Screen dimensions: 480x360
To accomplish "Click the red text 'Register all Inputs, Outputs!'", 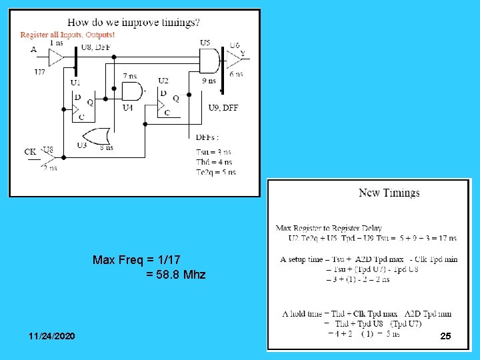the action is point(67,35).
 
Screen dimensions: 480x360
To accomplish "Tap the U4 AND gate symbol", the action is point(133,91).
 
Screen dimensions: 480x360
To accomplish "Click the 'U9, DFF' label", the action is point(223,108).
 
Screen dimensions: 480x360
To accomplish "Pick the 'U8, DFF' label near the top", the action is point(96,47).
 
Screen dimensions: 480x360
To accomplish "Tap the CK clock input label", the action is point(30,152).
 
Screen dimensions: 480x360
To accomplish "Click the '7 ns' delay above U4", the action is point(130,76).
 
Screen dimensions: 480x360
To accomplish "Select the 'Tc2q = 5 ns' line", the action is point(215,171).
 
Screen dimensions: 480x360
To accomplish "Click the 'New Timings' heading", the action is point(389,193).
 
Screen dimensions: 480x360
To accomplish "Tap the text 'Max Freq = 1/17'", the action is point(137,259).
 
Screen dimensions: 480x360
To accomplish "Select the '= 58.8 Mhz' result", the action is point(175,274).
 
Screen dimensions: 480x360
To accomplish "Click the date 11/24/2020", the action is point(52,335).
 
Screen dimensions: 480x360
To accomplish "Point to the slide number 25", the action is point(445,337).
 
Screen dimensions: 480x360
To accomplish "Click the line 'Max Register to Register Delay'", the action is point(329,229).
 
